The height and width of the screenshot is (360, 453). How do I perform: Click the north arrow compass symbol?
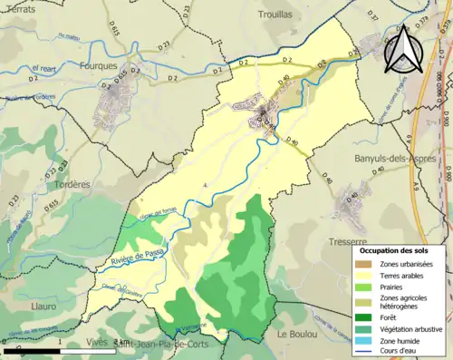coord(405,51)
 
